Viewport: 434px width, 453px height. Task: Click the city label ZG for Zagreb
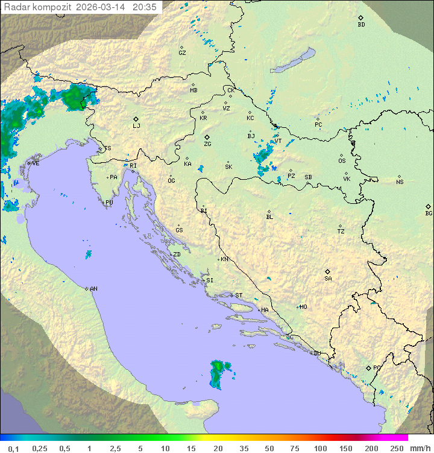(x=207, y=144)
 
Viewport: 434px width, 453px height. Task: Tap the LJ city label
(x=136, y=125)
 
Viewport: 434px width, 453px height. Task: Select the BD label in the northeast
(x=361, y=25)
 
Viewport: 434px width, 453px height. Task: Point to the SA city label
(x=328, y=278)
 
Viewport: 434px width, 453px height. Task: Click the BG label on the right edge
(x=429, y=213)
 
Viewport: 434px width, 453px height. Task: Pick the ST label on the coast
(x=239, y=296)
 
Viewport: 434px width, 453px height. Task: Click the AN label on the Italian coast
(x=93, y=289)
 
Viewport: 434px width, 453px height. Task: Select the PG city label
(x=377, y=367)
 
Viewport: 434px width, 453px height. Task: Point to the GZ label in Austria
(x=182, y=53)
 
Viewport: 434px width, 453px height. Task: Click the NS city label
(x=400, y=182)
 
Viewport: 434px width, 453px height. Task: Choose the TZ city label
(x=341, y=232)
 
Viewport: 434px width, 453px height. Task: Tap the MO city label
(x=303, y=307)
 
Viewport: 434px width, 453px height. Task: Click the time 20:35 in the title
(x=144, y=7)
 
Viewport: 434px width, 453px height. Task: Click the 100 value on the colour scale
(x=320, y=448)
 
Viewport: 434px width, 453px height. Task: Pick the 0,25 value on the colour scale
(x=40, y=448)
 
